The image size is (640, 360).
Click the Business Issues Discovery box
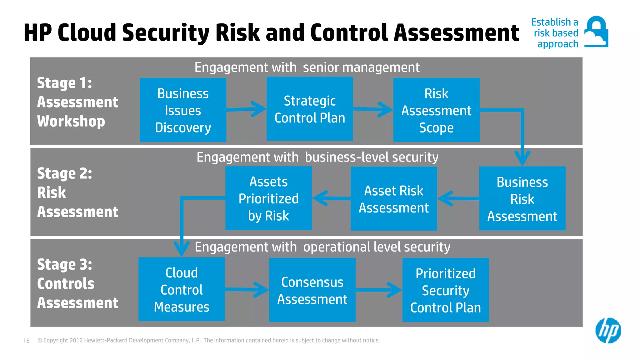pos(183,110)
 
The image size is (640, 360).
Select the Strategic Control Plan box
pos(310,109)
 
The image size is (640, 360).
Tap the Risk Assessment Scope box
pos(436,110)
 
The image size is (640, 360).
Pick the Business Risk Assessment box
pos(522,199)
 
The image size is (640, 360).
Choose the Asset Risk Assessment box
pos(393,199)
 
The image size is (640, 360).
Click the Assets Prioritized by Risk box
pos(268,198)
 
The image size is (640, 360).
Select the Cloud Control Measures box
pos(182,289)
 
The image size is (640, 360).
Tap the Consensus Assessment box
pos(312,290)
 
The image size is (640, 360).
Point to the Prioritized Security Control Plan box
pos(445,290)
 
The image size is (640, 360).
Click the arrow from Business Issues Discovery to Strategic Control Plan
pos(247,109)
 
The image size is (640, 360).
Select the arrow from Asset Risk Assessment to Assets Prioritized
pos(331,198)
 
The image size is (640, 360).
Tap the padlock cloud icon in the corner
pos(596,32)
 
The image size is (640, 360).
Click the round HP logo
pos(608,330)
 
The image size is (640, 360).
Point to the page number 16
pos(26,341)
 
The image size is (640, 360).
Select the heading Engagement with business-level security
pos(317,157)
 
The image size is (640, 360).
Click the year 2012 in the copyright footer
pos(76,340)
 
